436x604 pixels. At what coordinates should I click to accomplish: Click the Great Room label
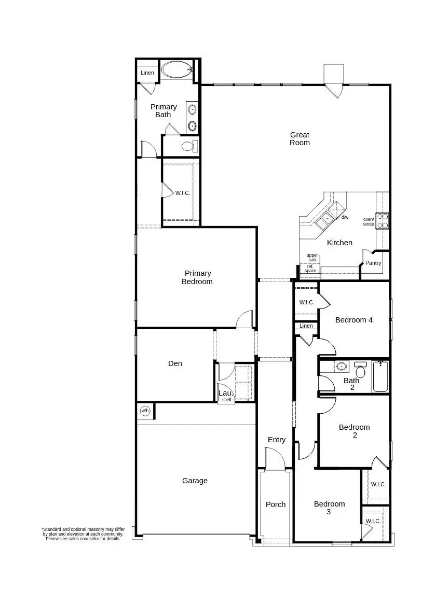(x=299, y=139)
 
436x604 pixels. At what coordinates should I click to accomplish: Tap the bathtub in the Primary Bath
(x=176, y=70)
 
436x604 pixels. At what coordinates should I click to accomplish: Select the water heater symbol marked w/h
(x=145, y=411)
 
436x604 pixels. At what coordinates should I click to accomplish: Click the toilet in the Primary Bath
(x=189, y=146)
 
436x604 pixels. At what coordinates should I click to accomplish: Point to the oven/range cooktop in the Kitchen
(x=383, y=221)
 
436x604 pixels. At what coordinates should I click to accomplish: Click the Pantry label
(x=373, y=263)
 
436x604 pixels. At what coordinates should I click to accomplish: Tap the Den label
(x=175, y=363)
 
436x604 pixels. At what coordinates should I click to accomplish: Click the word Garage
(x=195, y=481)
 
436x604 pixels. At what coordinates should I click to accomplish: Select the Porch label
(x=276, y=504)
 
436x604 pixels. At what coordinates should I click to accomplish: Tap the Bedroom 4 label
(x=353, y=320)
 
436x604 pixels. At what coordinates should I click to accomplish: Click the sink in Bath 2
(x=342, y=367)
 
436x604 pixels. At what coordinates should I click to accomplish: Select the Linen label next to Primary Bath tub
(x=147, y=73)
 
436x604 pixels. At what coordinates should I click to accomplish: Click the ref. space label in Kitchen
(x=310, y=269)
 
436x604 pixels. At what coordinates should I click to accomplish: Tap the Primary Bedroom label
(x=197, y=277)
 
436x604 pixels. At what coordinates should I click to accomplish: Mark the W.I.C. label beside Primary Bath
(x=182, y=193)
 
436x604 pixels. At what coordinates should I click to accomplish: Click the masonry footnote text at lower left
(x=83, y=534)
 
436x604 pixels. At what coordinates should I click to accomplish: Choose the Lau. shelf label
(x=226, y=396)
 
